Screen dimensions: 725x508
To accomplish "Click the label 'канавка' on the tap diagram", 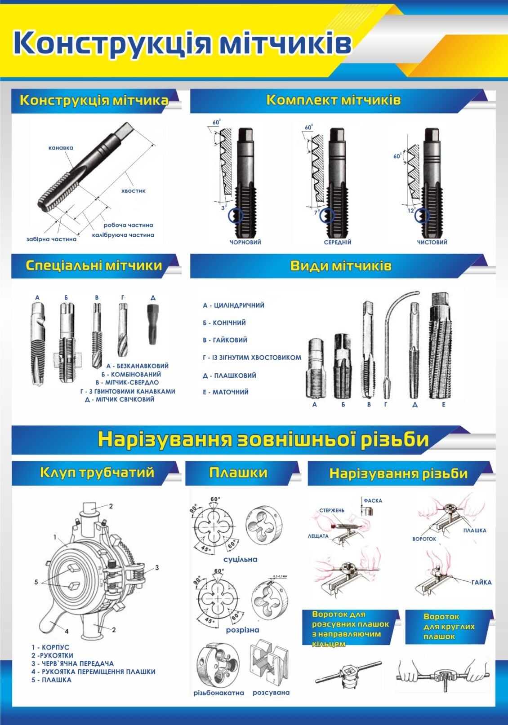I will (x=61, y=148).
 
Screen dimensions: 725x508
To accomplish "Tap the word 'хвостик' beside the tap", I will (x=133, y=191).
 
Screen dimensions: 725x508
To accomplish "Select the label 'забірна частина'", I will (x=51, y=239).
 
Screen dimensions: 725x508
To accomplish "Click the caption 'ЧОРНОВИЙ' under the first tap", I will (x=245, y=243).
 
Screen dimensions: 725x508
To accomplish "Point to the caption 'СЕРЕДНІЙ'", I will (x=337, y=243).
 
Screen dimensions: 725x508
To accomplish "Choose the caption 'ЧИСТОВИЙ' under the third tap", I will (x=432, y=243).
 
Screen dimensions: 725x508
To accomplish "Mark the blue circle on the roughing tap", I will (x=235, y=216).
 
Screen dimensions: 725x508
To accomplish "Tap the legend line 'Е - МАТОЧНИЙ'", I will (x=225, y=392).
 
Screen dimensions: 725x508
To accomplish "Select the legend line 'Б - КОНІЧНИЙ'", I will (x=224, y=323).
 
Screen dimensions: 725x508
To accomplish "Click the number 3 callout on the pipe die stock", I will (x=157, y=568).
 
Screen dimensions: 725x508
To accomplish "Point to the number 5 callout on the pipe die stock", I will (x=36, y=582).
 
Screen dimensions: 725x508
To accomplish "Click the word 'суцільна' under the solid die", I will (x=241, y=560).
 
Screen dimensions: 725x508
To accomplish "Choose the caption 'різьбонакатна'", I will (x=218, y=693).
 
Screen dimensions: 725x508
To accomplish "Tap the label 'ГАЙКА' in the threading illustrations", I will (x=481, y=583).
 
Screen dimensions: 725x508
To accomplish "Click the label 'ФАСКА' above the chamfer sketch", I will (x=373, y=501).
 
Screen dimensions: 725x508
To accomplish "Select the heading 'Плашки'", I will (x=238, y=473).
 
